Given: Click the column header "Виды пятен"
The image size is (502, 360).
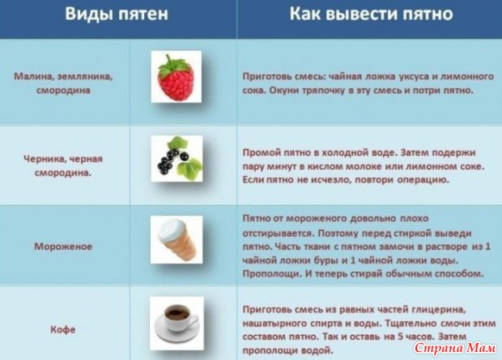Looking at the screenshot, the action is [x=117, y=14].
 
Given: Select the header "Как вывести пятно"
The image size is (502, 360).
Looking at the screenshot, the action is [x=371, y=14].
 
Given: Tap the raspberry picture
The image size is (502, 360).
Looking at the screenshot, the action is [x=176, y=77].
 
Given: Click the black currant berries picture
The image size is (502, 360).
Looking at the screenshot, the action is [x=177, y=159].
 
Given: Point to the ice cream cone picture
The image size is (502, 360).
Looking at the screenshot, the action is [x=177, y=239].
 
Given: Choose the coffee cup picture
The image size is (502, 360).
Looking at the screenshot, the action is [x=177, y=324].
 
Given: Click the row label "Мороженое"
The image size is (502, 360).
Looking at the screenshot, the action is [x=63, y=247].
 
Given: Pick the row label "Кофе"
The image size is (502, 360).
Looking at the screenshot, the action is [x=63, y=329].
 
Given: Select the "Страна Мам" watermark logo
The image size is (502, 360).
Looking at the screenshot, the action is [x=455, y=348].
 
